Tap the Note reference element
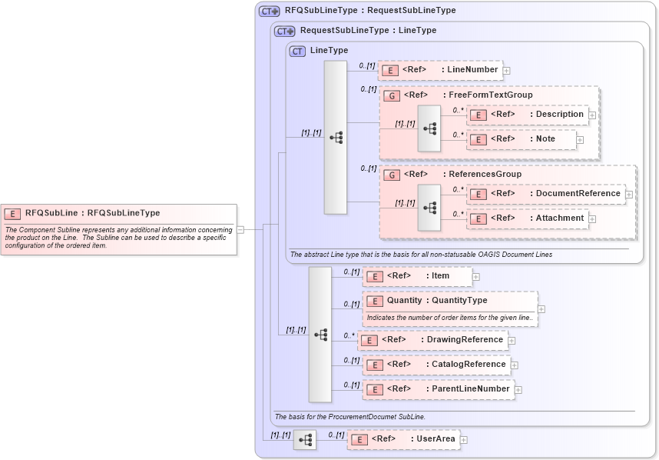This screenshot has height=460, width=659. pos(522,139)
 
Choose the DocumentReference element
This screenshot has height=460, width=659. pos(547,194)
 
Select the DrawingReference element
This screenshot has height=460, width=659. pos(433,340)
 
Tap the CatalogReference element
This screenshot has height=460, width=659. pos(436,365)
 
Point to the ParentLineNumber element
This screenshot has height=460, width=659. pos(439,389)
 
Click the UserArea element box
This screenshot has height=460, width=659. pos(403,439)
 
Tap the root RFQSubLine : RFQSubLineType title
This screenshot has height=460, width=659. pos(92,213)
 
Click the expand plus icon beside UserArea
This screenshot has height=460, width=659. pos(464,440)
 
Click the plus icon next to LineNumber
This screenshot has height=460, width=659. pos(507,71)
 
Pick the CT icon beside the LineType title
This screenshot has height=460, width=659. pos(297,51)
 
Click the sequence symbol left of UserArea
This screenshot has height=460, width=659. pos(305,440)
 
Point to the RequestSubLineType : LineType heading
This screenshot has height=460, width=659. pos(368,31)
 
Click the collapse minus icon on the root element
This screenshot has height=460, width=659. pos(240,228)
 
